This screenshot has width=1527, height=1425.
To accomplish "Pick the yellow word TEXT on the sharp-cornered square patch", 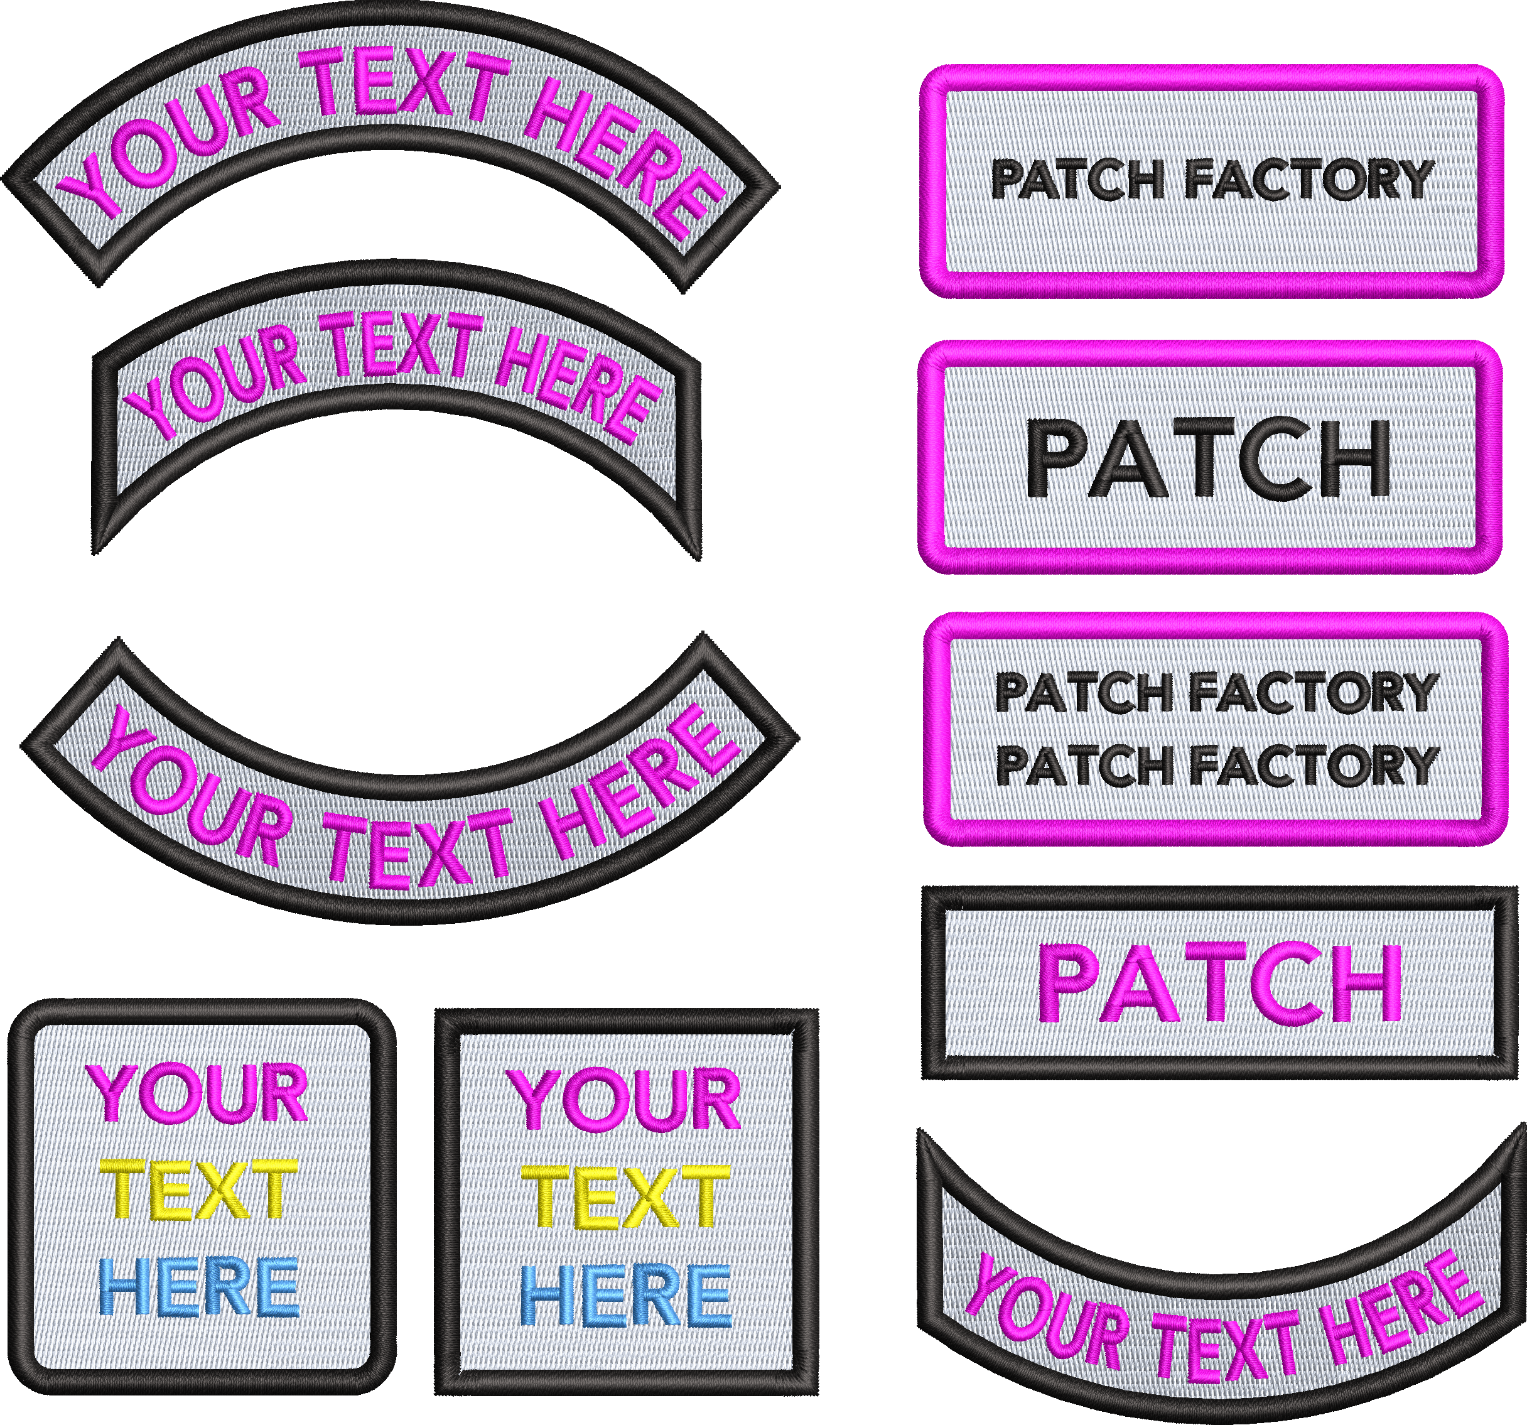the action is (x=625, y=1198).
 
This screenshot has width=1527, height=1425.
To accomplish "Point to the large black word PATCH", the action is (x=1208, y=458).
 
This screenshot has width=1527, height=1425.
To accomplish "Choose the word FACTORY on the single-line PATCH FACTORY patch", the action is (x=1309, y=180).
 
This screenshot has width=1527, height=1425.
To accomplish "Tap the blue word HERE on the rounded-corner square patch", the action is (x=198, y=1287).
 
